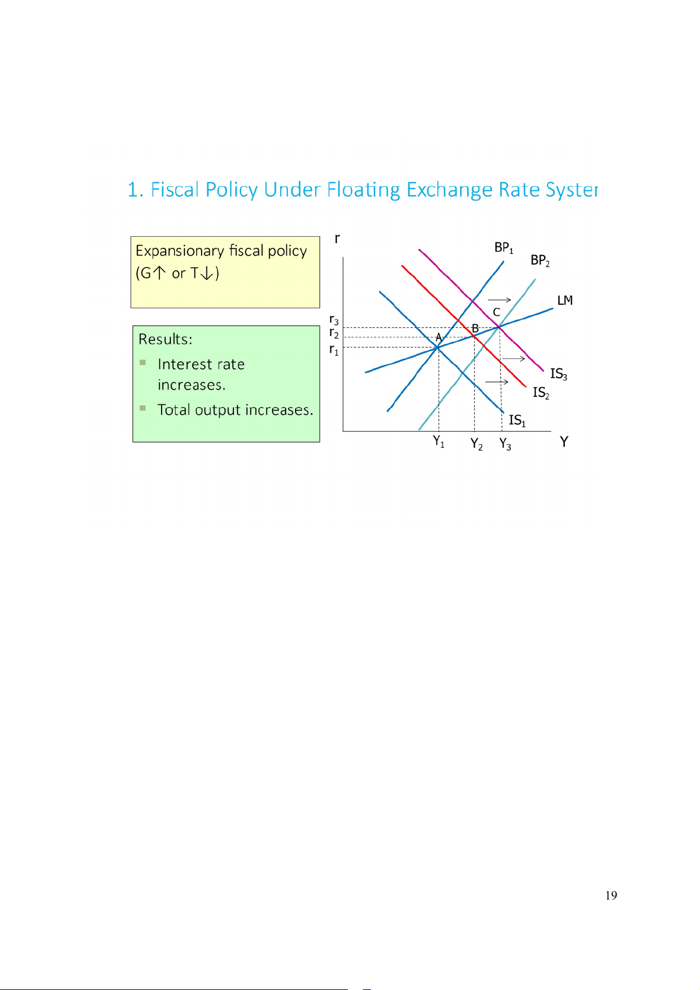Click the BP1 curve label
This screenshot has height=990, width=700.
click(504, 248)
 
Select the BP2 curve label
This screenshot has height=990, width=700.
click(540, 260)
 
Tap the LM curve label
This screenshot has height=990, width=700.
click(565, 301)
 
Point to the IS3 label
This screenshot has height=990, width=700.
click(558, 374)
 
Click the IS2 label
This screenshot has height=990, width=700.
click(541, 392)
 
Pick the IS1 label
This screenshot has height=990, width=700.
click(517, 421)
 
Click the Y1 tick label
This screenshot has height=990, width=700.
click(439, 441)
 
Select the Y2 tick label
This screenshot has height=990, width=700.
click(477, 444)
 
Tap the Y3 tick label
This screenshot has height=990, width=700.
click(505, 444)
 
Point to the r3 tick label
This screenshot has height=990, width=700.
click(334, 320)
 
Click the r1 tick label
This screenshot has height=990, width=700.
click(334, 350)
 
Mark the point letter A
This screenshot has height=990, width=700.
click(438, 338)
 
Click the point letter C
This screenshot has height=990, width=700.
click(497, 313)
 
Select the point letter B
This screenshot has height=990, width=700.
click(475, 328)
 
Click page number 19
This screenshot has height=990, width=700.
click(611, 895)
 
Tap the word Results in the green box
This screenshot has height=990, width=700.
click(165, 340)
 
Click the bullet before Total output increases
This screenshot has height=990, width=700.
click(143, 408)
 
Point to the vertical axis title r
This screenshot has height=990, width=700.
click(337, 239)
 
